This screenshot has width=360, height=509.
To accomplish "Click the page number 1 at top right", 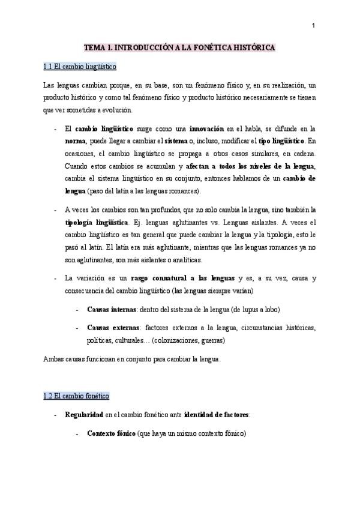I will [313, 25].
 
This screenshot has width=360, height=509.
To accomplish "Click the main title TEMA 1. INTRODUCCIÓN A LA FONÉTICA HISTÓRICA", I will [179, 46].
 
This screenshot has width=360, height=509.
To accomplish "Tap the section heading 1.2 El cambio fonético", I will [76, 397].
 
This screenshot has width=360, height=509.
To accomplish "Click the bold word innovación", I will [207, 128].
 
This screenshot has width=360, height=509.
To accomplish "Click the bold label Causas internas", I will [112, 309].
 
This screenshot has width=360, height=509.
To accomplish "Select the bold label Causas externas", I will [112, 328].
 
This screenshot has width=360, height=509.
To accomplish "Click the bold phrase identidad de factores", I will [217, 415].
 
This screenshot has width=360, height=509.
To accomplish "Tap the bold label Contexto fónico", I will [110, 433].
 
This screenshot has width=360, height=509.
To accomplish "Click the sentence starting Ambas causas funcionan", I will [133, 359].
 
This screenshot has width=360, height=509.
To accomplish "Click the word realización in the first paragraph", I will [285, 85].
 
